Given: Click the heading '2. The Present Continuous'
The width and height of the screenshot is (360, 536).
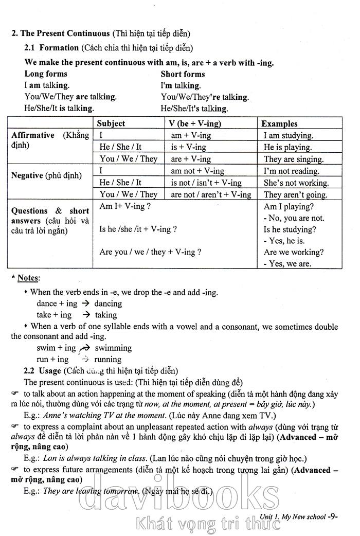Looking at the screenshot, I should click(61, 33).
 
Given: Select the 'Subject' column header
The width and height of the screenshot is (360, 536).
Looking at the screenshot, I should click(111, 123).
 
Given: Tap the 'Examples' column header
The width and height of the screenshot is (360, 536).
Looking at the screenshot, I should click(279, 123).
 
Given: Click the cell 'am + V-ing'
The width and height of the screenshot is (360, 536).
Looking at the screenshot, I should click(191, 136).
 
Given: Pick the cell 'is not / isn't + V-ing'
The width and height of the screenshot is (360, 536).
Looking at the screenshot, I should click(206, 183).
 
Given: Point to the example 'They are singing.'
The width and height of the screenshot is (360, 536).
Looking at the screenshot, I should click(294, 159).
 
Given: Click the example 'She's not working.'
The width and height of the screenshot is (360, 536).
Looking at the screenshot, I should click(296, 183).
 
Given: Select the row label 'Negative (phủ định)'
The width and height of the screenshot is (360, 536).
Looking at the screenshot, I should click(46, 176).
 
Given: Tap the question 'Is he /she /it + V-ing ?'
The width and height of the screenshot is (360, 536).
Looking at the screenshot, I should click(138, 229).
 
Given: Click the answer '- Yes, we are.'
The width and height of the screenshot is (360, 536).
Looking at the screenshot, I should click(287, 264).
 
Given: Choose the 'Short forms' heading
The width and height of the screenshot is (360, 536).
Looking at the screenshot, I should click(183, 74).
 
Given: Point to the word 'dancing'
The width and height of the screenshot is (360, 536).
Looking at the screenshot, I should click(108, 304).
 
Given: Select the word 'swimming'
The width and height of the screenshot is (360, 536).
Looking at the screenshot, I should click(113, 348).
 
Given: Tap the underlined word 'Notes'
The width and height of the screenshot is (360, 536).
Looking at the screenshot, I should click(28, 278).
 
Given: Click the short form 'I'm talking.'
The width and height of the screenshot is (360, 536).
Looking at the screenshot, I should click(181, 86).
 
